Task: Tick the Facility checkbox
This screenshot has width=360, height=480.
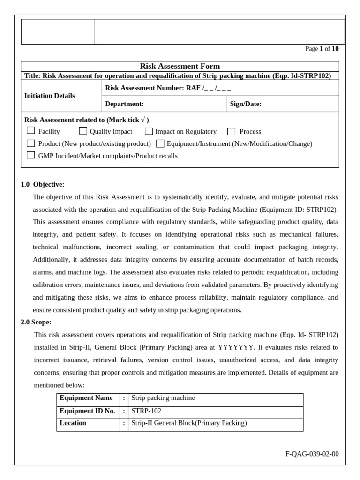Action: [31, 131]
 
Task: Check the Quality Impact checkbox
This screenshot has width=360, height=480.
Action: [83, 131]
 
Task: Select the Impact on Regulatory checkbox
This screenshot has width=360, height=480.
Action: [149, 131]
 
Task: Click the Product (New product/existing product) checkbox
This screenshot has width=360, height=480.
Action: [31, 143]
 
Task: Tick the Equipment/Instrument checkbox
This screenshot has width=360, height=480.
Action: [160, 143]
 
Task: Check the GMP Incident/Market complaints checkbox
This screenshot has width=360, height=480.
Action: [31, 155]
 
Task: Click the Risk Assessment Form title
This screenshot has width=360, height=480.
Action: [180, 66]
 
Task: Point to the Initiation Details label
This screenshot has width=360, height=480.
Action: [49, 96]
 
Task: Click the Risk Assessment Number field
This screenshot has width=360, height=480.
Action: [168, 88]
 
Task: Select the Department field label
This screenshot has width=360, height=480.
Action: [124, 104]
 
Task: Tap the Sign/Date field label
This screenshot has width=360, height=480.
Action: [246, 104]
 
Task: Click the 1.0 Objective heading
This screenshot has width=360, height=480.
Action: [43, 184]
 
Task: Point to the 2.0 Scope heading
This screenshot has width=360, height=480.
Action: [36, 322]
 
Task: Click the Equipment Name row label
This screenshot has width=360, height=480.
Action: [86, 398]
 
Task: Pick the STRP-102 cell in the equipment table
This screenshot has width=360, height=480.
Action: [146, 411]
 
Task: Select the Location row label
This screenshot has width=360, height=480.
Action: [73, 423]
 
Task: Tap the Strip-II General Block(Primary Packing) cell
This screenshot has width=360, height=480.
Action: [189, 423]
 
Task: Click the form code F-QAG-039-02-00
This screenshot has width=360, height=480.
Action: [312, 454]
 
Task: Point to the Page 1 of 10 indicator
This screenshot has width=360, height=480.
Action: [322, 49]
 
